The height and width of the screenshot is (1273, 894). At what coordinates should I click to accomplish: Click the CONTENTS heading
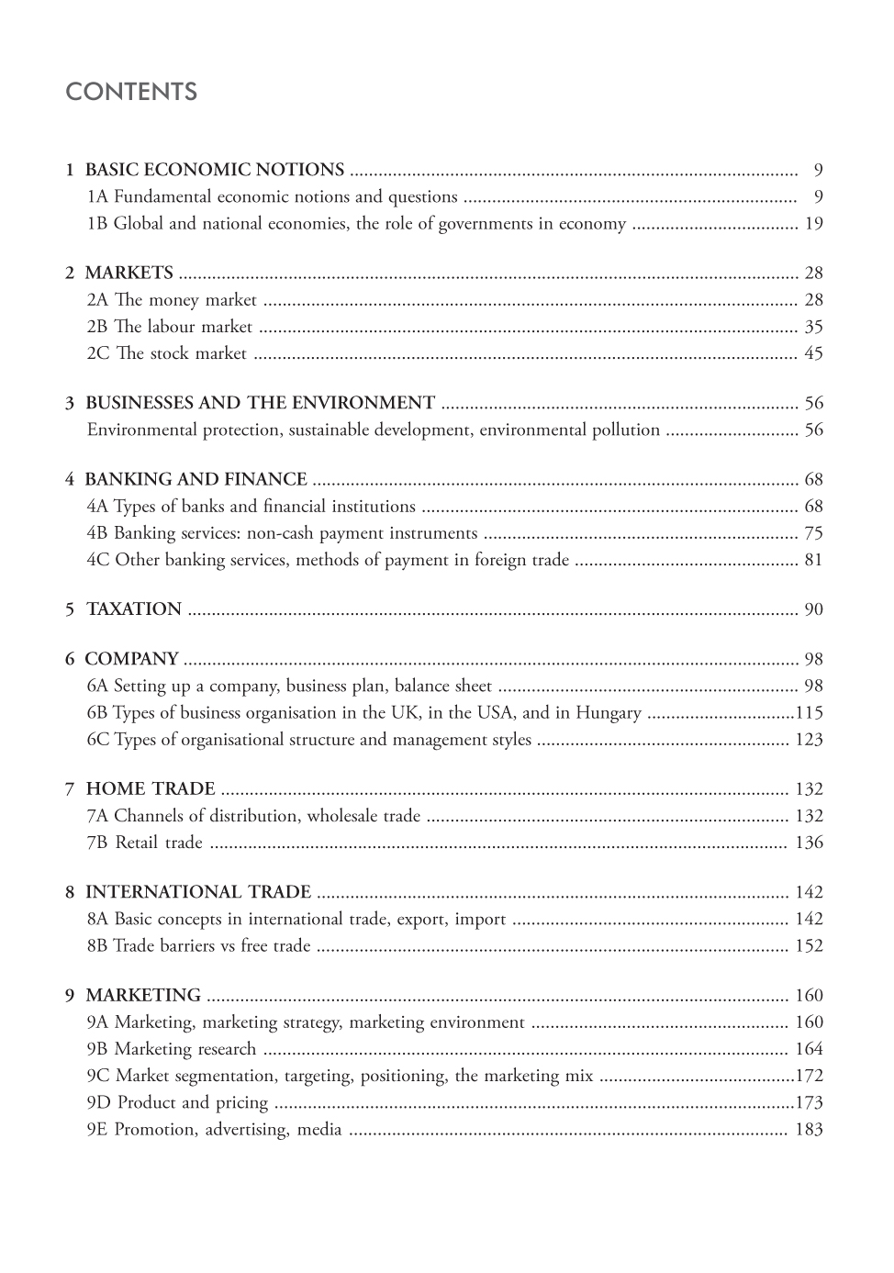coord(131,92)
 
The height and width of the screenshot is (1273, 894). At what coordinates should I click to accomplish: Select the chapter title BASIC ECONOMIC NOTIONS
coord(215,170)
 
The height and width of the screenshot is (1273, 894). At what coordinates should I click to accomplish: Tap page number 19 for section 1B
coord(813,223)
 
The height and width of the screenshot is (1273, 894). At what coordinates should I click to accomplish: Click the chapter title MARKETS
coord(129,273)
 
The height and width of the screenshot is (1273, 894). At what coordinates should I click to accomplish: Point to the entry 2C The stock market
coord(167,353)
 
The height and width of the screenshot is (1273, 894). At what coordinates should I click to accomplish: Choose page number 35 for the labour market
coord(813,327)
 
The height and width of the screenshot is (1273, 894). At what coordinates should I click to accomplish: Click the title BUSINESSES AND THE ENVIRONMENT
coord(260,403)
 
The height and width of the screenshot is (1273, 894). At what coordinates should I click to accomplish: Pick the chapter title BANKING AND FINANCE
coord(196,479)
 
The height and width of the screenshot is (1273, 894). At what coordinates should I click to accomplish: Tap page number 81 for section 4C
coord(813,560)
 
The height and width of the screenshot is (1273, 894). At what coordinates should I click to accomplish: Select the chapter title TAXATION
coord(134,609)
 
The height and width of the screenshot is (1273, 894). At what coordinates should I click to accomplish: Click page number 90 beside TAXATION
coord(813,609)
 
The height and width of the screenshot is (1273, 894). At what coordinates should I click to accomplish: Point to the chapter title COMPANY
coord(131,659)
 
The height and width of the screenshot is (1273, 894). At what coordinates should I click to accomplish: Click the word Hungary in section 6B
coord(610,712)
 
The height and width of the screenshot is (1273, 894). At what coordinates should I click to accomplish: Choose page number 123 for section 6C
coord(809,740)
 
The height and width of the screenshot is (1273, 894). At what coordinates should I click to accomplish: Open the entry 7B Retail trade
coord(145,843)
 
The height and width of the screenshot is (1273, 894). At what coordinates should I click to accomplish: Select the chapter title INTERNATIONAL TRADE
coord(198,892)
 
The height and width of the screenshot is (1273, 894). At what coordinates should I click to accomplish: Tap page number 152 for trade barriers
coord(809,946)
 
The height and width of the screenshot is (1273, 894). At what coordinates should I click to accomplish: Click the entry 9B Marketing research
coord(172,1049)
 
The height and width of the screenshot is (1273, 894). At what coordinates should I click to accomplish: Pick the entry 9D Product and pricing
coord(178,1102)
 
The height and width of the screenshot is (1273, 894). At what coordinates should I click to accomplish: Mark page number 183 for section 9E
coord(809,1130)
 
